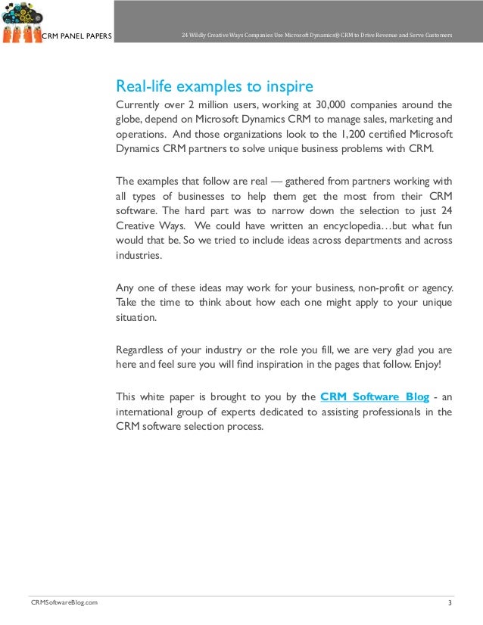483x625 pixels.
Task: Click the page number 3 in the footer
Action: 450,602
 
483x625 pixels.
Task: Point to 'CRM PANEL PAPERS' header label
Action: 76,36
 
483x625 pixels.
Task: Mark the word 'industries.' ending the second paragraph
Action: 139,256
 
